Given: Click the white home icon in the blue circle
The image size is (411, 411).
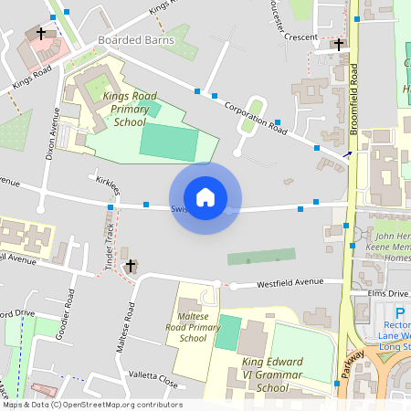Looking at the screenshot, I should (x=205, y=197).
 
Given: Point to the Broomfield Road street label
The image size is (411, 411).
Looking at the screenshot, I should (x=354, y=110).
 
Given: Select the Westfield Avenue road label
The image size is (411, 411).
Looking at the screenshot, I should (x=290, y=282).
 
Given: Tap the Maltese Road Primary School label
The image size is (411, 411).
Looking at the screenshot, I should (x=193, y=326).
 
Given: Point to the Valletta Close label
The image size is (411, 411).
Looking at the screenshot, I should (x=153, y=377).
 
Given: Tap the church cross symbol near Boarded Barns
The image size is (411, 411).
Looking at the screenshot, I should (x=41, y=34).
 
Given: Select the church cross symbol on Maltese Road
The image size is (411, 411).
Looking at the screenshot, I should (x=131, y=266).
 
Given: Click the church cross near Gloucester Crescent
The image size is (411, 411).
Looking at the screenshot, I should (x=339, y=43).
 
